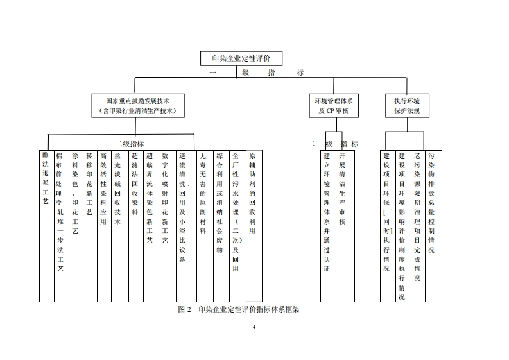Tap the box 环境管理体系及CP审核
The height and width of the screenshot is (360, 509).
pyautogui.click(x=333, y=105)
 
